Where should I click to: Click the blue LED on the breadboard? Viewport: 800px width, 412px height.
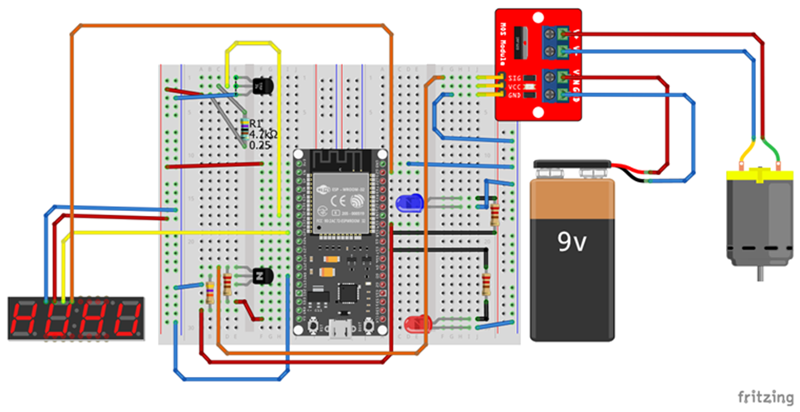coord(410,201)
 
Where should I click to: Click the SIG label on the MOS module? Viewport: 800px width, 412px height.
coord(514,77)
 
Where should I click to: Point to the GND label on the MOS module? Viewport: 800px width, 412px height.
coord(514,95)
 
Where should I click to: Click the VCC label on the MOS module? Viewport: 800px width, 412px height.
coord(514,86)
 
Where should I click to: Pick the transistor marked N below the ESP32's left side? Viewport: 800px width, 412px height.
coord(260,275)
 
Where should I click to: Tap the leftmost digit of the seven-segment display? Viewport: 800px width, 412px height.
coord(26,319)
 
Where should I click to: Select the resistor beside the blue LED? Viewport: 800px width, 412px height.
coord(496,213)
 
